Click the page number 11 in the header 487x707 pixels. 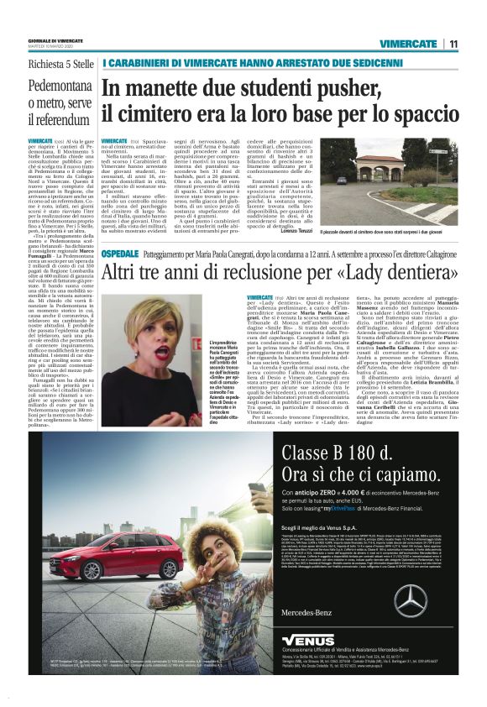[453, 44]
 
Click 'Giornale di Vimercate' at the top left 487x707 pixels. [56, 39]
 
